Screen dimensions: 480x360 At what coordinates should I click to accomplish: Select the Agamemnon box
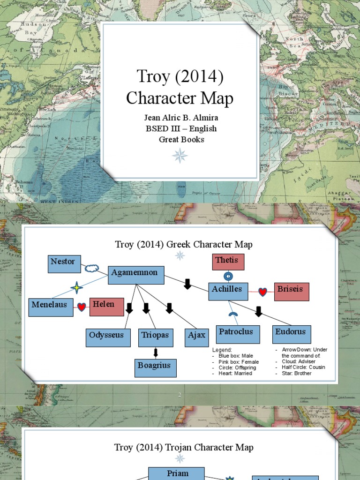click(x=136, y=275)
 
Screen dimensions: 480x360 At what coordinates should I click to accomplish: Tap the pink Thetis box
click(x=228, y=262)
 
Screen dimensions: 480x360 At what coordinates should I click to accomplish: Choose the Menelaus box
click(x=51, y=307)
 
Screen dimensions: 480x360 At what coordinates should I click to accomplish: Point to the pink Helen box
click(x=106, y=307)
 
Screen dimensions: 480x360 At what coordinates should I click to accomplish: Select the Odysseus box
click(x=108, y=337)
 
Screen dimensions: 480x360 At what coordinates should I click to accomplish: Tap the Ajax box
click(x=196, y=337)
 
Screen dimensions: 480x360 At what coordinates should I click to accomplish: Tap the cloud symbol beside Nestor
click(x=91, y=269)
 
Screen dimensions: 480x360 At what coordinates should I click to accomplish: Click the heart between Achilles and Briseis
click(x=263, y=292)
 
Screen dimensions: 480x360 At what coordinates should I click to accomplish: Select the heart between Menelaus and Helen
click(x=82, y=307)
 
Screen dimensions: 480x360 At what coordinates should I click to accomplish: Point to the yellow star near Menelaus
click(x=76, y=287)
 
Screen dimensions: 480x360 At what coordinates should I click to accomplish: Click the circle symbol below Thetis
click(x=228, y=276)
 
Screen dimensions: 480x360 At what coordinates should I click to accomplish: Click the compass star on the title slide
click(x=180, y=155)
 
